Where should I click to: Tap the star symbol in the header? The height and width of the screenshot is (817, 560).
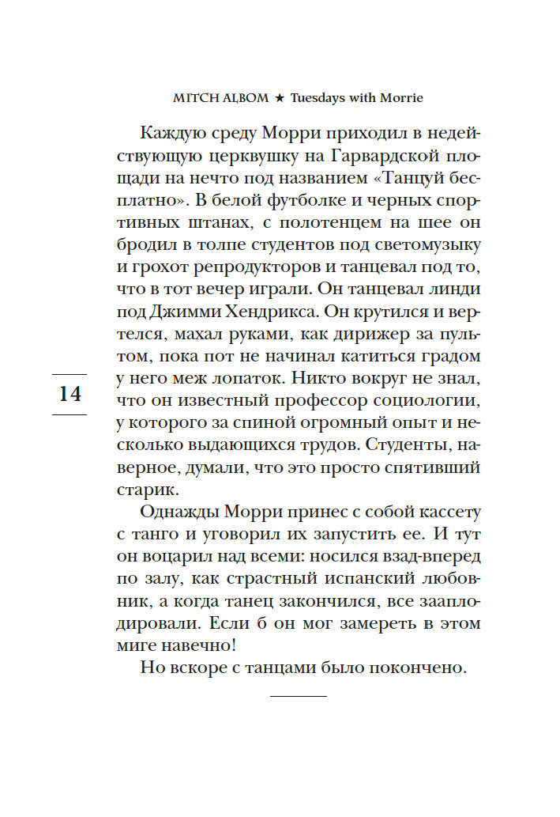click(x=278, y=100)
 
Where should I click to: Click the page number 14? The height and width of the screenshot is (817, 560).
click(x=70, y=393)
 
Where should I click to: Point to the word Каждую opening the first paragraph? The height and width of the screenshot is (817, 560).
click(x=170, y=132)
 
